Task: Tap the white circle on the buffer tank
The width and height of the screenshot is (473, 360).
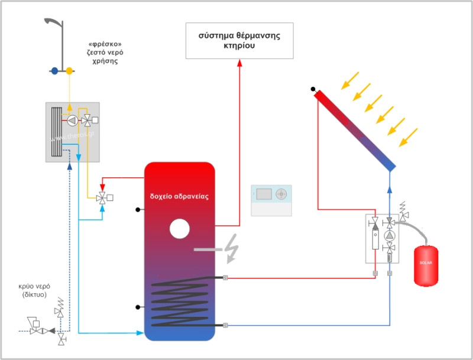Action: click(x=179, y=228)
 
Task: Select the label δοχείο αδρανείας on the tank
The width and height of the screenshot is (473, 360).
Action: click(x=180, y=195)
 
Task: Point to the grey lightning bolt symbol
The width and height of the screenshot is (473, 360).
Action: click(x=232, y=251)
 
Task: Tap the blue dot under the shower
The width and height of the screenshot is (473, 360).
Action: click(x=54, y=71)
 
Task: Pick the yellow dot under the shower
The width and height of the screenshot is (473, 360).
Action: click(x=69, y=71)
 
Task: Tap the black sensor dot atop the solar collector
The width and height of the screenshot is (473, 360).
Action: click(x=313, y=89)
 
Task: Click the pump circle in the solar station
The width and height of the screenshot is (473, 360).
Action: click(x=390, y=235)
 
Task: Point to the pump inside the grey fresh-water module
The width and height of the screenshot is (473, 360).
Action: click(x=72, y=121)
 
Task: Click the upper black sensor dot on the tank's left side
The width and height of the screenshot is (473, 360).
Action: click(x=137, y=210)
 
